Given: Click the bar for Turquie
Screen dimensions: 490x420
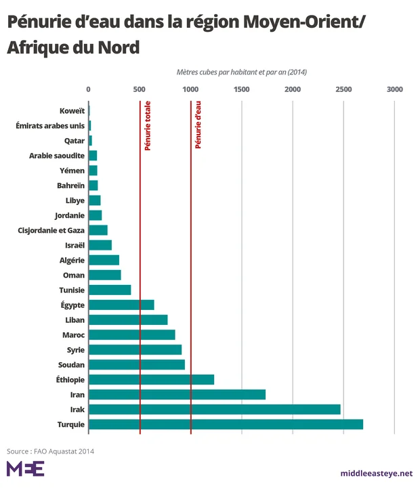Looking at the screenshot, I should tap(226, 424).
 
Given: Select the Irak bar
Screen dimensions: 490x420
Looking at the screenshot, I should tap(214, 409).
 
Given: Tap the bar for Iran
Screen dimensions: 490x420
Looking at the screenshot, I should tap(177, 395).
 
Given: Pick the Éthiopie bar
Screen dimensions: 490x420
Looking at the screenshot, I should tap(151, 380).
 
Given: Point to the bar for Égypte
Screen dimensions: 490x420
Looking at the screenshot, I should tap(121, 305).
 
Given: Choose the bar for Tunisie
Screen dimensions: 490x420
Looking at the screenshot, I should tap(110, 290).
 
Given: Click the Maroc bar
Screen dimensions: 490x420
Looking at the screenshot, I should tap(131, 334).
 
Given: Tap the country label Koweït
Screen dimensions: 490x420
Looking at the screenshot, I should tap(72, 110).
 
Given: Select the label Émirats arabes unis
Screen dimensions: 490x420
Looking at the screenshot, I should tap(49, 125).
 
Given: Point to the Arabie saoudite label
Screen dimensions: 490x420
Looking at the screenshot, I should tap(57, 156).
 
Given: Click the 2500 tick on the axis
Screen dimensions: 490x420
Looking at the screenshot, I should tap(343, 89).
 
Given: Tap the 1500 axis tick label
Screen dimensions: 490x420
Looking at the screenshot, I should tap(241, 89).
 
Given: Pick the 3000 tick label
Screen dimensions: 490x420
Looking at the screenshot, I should tap(394, 89).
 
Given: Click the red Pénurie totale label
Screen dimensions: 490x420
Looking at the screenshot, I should tap(147, 125).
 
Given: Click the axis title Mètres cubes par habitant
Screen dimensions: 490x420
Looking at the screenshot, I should tap(242, 72).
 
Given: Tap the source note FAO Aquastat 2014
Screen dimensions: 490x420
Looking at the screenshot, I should tap(51, 451).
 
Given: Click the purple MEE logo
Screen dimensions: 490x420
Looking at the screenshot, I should tap(25, 468).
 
